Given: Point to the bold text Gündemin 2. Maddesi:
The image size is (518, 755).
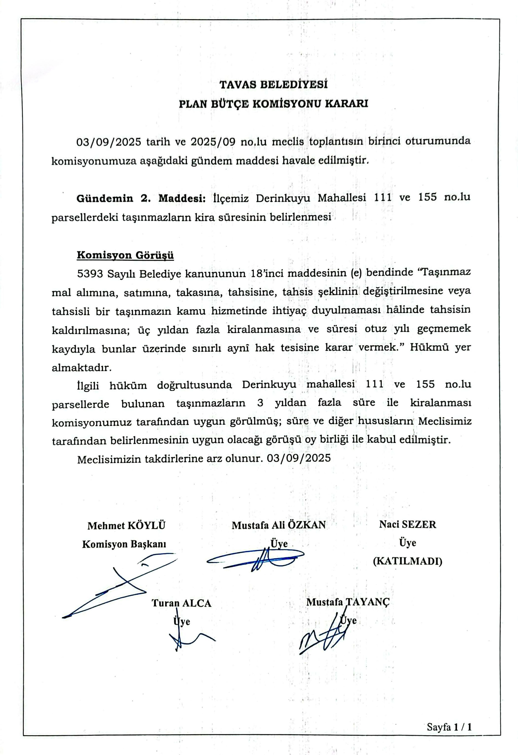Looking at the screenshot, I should (141, 198).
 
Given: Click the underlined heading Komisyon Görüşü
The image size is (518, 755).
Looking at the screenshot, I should (125, 255).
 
